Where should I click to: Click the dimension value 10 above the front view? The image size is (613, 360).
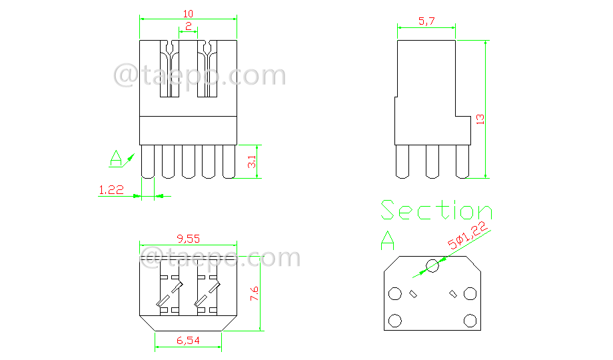188,13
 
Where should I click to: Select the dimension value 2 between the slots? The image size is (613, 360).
188,27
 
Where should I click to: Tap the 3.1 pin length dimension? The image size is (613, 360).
251,162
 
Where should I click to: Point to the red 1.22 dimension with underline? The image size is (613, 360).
111,190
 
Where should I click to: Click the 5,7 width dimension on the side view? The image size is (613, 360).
426,21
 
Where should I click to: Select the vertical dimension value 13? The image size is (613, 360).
479,119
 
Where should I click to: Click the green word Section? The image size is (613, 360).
436,211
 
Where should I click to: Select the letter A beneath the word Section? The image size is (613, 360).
387,239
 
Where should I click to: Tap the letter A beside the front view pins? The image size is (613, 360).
116,159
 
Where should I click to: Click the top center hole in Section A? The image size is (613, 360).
432,266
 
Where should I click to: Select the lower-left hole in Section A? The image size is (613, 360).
394,321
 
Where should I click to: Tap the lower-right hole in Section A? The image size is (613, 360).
470,321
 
